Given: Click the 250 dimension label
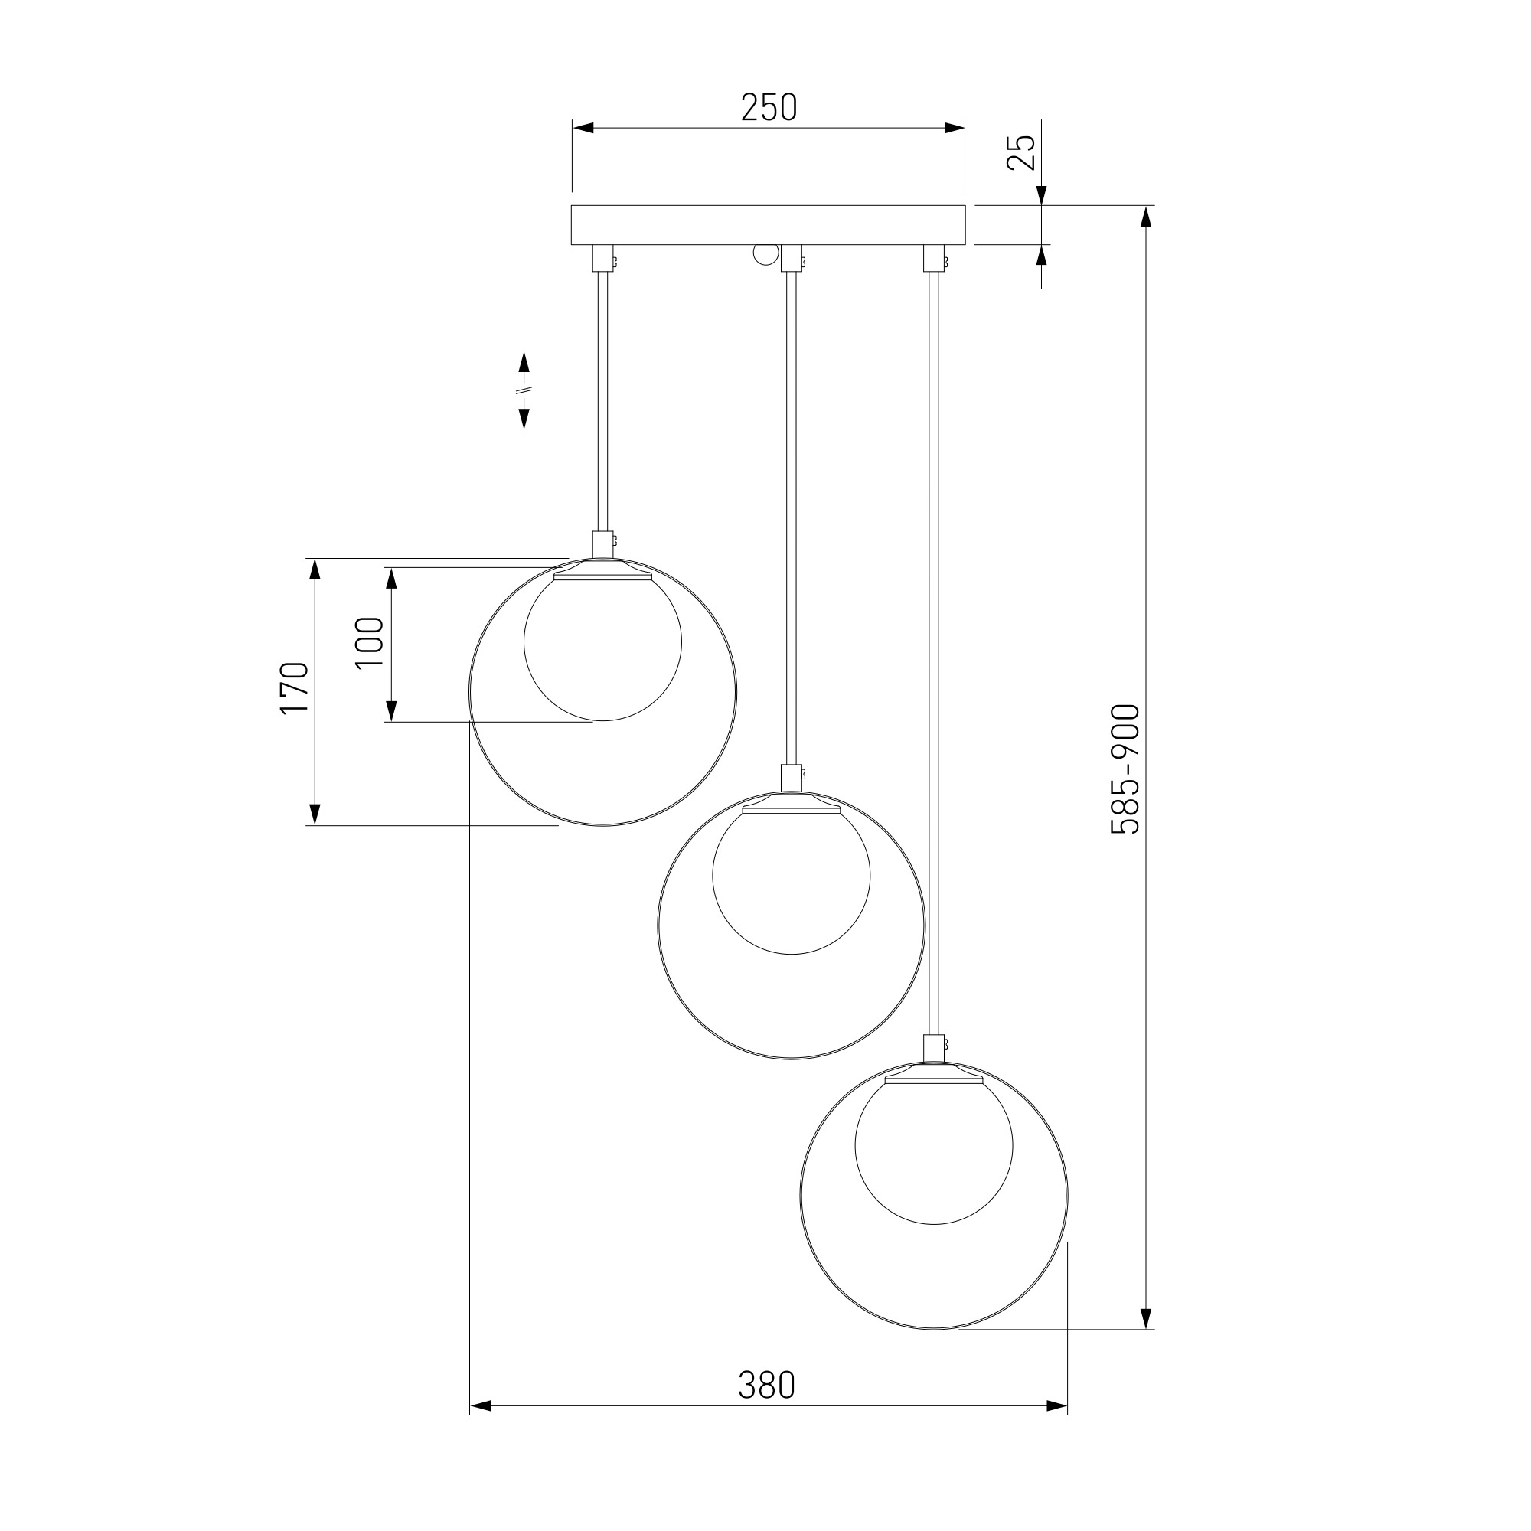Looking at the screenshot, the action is coord(769,108).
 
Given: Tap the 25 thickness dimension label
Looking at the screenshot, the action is coord(1021,152).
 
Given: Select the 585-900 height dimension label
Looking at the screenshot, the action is coord(1125,769).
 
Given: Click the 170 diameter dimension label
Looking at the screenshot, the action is coord(294,687).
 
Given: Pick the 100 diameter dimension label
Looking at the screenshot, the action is coord(370,643).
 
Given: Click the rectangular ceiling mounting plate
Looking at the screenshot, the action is coord(769,225).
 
